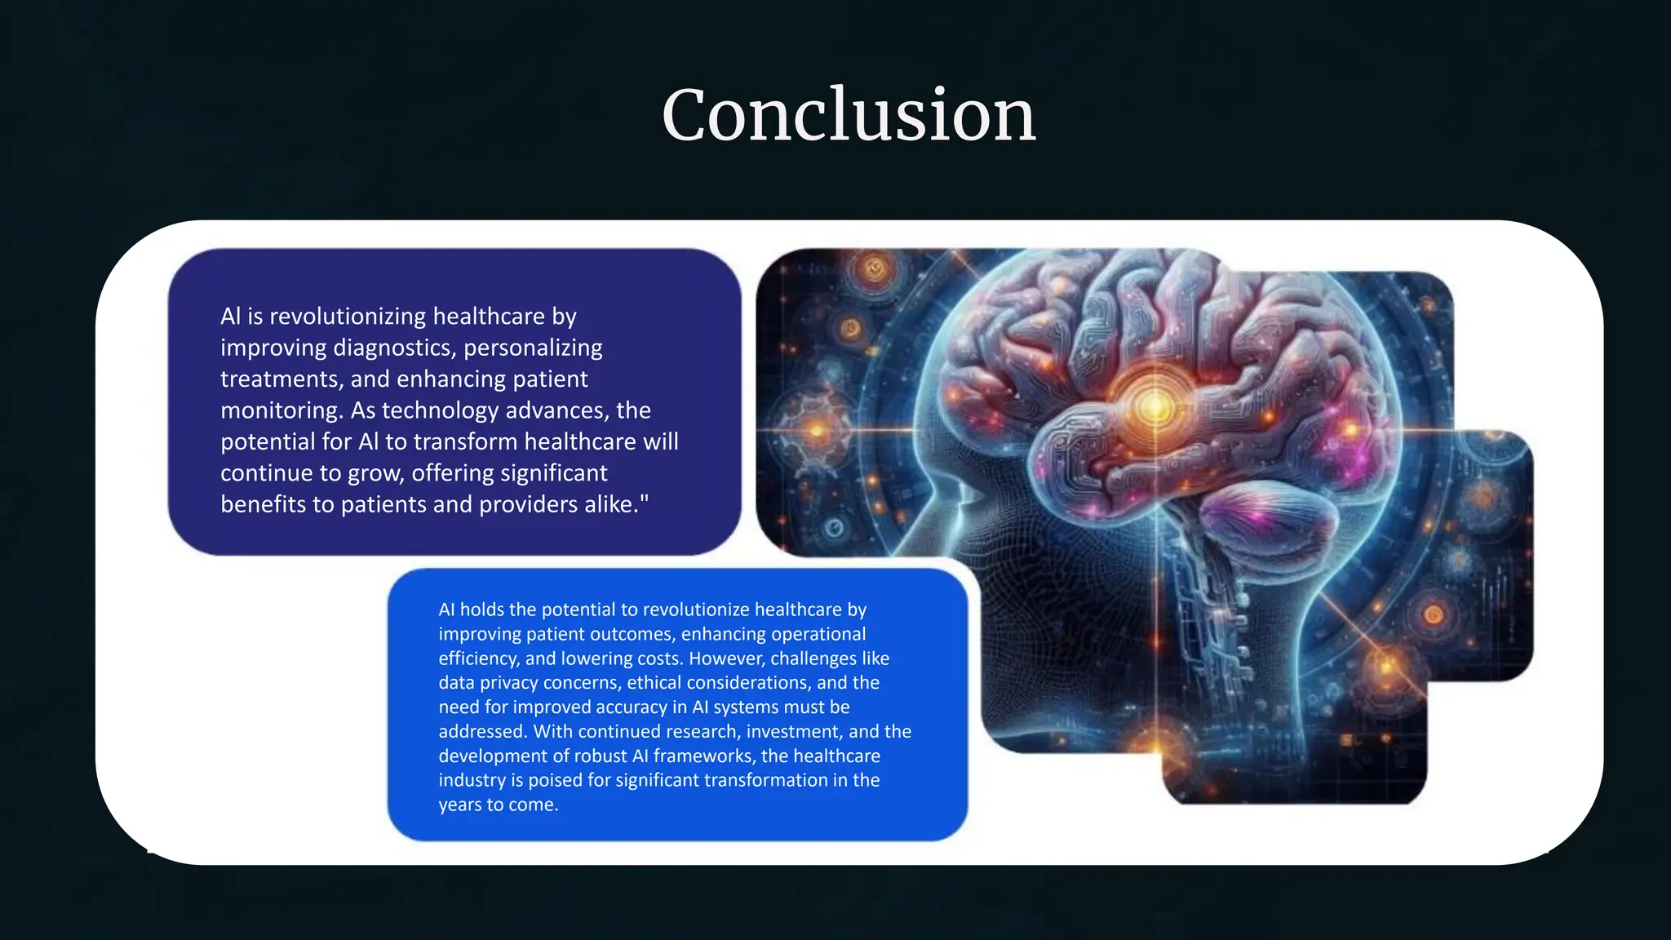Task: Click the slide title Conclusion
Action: (x=849, y=115)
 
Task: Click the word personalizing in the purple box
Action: (x=533, y=348)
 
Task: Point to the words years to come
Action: (x=498, y=805)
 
